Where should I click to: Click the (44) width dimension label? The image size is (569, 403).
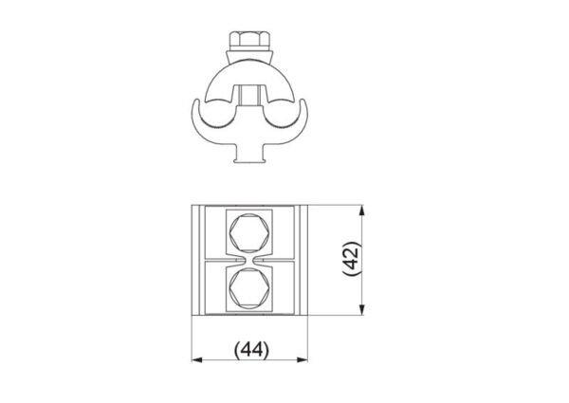point(251,350)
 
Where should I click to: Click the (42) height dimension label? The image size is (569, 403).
point(352,259)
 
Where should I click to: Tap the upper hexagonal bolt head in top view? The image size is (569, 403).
point(249,233)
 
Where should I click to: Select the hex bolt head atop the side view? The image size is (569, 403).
point(249,40)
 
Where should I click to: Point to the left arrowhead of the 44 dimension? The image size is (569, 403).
point(196,359)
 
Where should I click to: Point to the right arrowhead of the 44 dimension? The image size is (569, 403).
point(303,359)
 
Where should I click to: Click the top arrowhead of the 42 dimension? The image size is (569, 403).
point(362,211)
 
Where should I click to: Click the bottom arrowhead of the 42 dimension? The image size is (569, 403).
point(362,309)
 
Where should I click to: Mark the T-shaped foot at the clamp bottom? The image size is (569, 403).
point(249,155)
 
